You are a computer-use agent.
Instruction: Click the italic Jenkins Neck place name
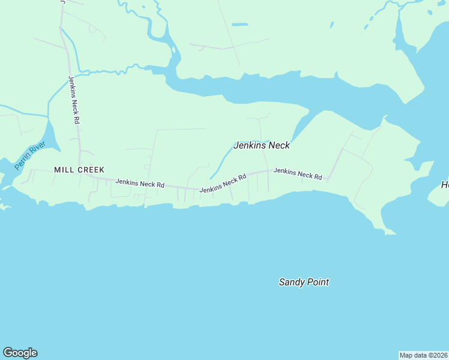[261, 145]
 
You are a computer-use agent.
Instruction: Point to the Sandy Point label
[304, 282]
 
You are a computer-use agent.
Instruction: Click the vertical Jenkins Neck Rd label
[74, 100]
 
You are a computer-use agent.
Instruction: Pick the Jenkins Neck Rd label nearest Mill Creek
[140, 184]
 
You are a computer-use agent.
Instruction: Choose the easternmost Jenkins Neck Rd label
[298, 173]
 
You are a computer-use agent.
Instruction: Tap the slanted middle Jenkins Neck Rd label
[223, 184]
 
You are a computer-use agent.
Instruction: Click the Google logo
[20, 353]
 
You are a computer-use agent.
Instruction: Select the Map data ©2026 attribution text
[424, 355]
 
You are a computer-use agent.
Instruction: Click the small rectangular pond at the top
[240, 25]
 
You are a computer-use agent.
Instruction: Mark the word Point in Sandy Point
[318, 282]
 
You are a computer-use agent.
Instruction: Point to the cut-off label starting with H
[445, 185]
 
